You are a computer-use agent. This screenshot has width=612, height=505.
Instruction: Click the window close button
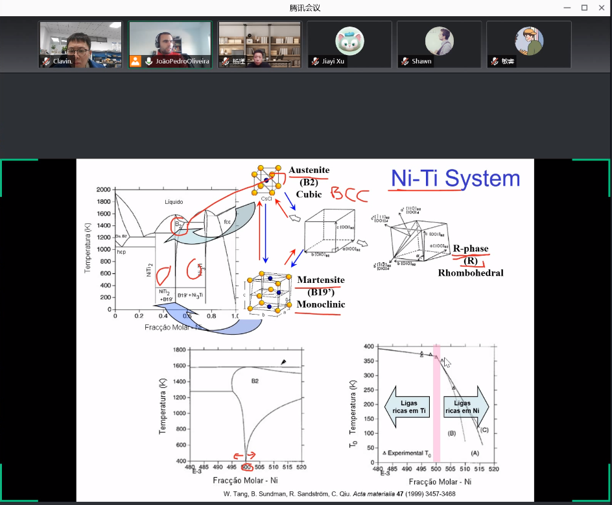click(601, 8)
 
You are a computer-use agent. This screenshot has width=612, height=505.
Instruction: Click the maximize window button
click(584, 8)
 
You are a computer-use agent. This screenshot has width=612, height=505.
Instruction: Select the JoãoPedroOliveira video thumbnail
click(170, 44)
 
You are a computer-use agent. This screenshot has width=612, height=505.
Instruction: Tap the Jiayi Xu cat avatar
click(349, 41)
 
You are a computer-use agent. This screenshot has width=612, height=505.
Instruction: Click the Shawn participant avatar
click(439, 41)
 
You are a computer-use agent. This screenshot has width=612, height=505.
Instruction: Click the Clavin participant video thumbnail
click(80, 44)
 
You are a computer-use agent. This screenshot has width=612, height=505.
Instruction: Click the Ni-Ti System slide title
click(455, 179)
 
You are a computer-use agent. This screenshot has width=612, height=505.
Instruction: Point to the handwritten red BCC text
click(350, 194)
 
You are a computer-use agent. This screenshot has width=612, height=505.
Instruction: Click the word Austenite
click(309, 170)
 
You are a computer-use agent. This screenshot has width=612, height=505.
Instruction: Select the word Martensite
click(321, 280)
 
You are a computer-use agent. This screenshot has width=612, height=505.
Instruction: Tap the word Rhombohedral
click(471, 273)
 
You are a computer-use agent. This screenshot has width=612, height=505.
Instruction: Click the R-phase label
click(471, 249)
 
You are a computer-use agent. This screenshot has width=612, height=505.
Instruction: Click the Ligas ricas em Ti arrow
click(408, 407)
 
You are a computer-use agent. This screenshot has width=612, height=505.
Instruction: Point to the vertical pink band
click(436, 401)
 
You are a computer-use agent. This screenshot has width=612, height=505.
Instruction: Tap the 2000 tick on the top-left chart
click(102, 190)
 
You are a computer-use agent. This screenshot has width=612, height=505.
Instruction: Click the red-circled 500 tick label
click(245, 467)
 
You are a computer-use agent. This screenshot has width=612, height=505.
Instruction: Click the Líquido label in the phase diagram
click(173, 202)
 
